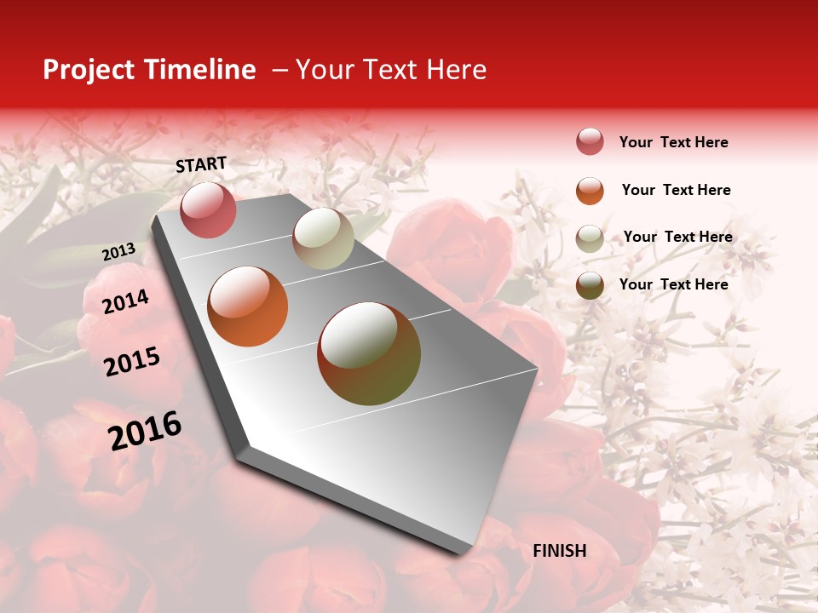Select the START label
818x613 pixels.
201,164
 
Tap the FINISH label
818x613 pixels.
559,551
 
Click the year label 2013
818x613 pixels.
118,252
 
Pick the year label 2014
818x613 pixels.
125,301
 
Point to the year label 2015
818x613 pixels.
132,362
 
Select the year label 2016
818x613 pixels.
145,431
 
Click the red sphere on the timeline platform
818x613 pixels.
208,209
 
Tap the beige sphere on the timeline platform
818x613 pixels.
323,238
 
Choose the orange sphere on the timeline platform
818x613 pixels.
248,306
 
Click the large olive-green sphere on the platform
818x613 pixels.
369,353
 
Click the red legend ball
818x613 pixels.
590,141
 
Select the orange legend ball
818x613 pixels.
590,191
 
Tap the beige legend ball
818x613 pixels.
590,238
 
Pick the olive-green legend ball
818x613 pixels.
590,285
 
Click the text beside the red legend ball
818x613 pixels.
673,142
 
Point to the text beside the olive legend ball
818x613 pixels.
673,284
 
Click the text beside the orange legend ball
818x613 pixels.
676,190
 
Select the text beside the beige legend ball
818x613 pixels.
677,237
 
